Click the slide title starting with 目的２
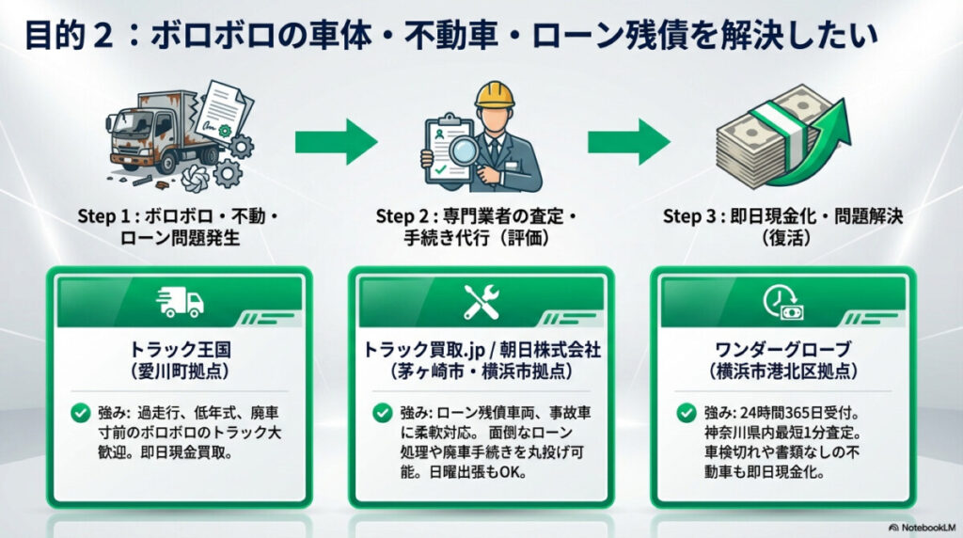pyautogui.click(x=451, y=37)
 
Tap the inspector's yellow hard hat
pyautogui.click(x=493, y=95)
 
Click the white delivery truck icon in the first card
pyautogui.click(x=181, y=302)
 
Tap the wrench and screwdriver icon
pyautogui.click(x=481, y=302)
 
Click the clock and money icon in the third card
pyautogui.click(x=782, y=302)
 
